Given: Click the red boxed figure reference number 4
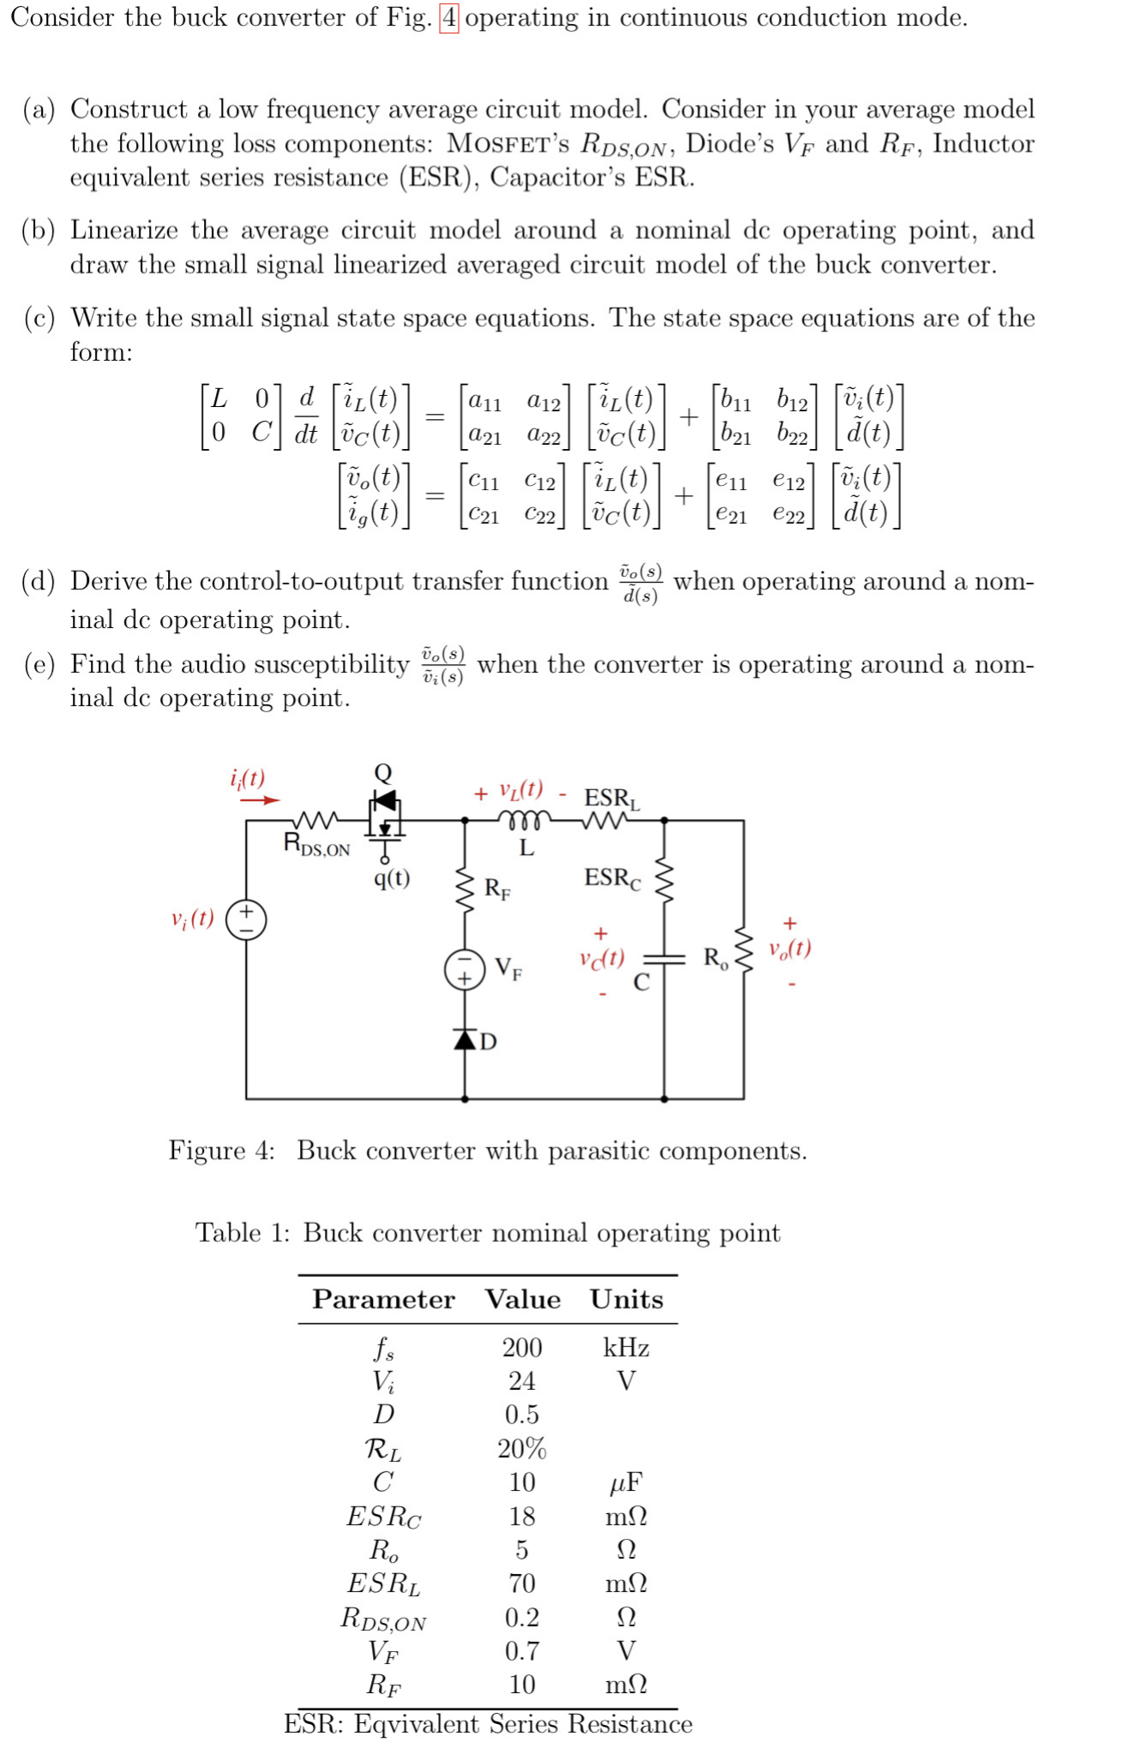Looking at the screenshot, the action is (448, 18).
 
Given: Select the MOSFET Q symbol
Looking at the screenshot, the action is (384, 814).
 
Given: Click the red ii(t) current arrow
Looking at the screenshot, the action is (259, 799).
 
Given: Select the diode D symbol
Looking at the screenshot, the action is (465, 1039).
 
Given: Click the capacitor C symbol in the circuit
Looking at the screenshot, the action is (664, 959).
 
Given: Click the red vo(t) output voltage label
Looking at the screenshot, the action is (790, 948).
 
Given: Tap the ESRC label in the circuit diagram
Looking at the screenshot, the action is (612, 877).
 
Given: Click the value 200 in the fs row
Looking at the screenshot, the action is (522, 1348).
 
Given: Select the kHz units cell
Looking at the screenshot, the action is (626, 1348).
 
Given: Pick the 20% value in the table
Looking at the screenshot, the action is (522, 1449).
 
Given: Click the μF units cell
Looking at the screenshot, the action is (626, 1482).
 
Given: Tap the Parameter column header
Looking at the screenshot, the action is (383, 1299).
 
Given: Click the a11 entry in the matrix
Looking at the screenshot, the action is (484, 401).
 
